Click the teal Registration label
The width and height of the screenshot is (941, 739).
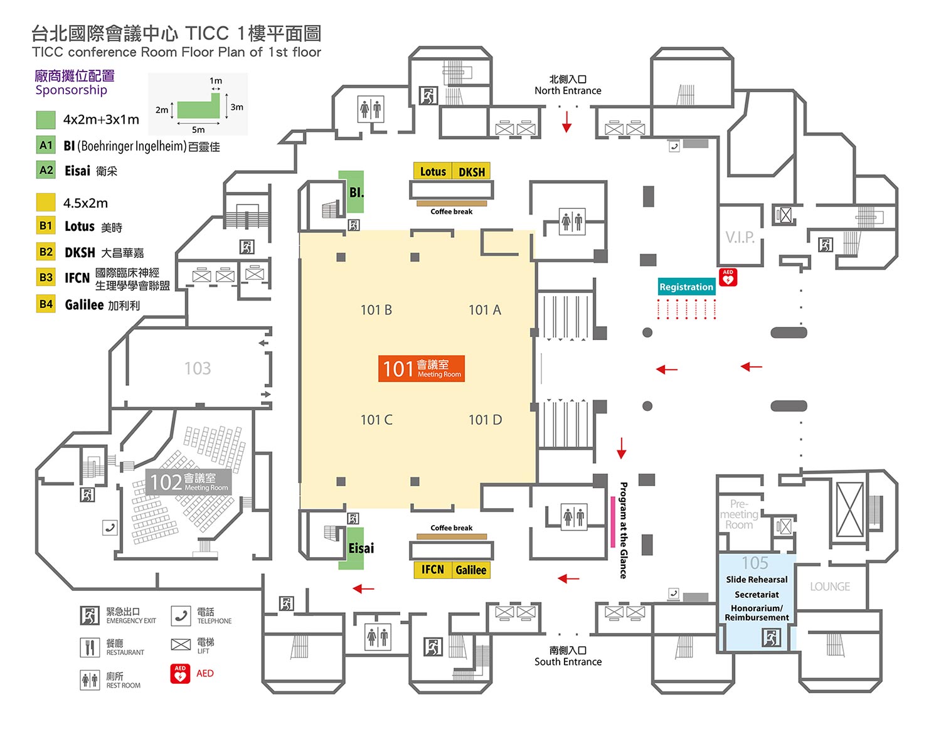686,287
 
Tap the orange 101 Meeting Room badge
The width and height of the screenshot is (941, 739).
421,369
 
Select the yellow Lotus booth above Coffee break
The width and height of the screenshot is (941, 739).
433,171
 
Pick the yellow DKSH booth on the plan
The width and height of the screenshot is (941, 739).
471,171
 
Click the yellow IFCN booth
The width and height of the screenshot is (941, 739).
433,570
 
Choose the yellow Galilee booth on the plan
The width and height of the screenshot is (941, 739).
470,570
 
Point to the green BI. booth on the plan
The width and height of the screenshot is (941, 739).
351,191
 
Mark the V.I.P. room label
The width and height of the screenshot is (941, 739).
740,238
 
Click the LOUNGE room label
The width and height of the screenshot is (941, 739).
829,587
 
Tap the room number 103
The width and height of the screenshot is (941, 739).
198,368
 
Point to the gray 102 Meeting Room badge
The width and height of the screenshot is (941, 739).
188,482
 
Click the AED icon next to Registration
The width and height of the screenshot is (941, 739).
728,277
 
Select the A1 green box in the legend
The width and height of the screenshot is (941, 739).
46,146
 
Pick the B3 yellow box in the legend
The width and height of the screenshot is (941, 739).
46,277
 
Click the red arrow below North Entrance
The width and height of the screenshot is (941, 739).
567,121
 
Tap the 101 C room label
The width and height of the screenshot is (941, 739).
376,420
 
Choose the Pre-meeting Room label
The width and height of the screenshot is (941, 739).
739,514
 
